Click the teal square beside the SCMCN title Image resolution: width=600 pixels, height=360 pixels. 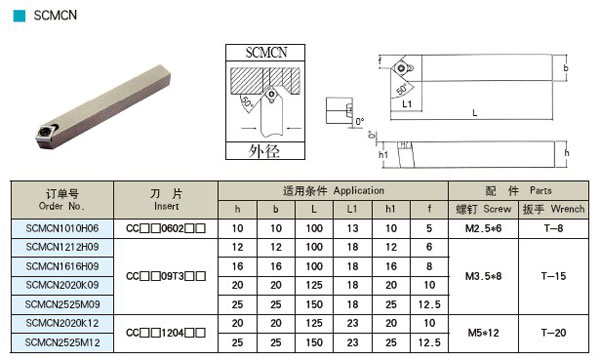[19, 16]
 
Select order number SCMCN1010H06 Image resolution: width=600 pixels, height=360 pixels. [62, 228]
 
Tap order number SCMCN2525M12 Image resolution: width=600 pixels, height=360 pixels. [62, 342]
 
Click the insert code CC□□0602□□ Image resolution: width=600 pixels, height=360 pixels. [166, 228]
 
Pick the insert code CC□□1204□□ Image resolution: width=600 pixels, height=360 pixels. [166, 333]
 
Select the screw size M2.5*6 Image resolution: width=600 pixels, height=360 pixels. [483, 228]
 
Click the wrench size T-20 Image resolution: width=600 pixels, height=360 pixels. [553, 333]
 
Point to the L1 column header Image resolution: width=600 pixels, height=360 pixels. [352, 209]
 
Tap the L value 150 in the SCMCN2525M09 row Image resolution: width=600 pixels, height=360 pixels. [314, 305]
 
